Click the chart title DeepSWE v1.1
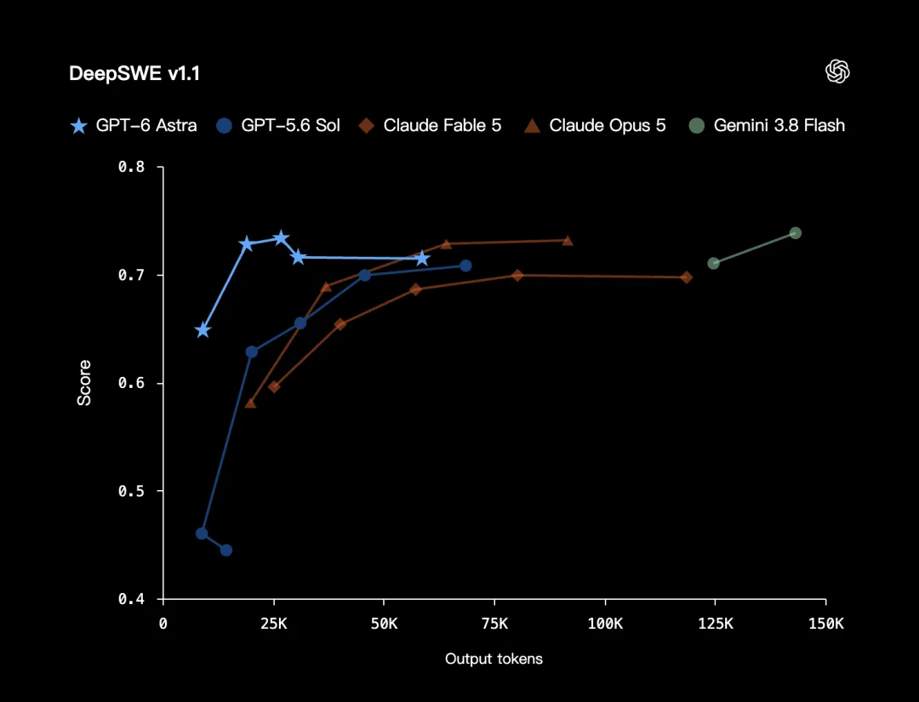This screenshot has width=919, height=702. (x=134, y=73)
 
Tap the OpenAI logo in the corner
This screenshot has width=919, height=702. (x=837, y=71)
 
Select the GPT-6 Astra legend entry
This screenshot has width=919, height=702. (x=134, y=125)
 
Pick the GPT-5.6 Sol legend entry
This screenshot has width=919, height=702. (x=277, y=125)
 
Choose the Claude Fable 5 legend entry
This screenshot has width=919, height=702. (x=431, y=125)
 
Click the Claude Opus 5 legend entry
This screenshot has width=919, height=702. (x=595, y=125)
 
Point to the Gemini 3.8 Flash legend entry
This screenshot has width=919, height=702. (x=767, y=125)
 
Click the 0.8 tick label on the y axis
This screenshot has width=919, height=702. (x=131, y=167)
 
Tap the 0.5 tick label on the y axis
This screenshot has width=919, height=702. (x=131, y=491)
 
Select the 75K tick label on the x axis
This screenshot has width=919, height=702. (x=494, y=624)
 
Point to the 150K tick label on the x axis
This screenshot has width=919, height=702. (x=825, y=624)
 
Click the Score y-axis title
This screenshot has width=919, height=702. (x=84, y=383)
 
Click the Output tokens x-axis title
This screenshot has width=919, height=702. (x=494, y=659)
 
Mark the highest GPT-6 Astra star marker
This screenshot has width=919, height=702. (x=281, y=238)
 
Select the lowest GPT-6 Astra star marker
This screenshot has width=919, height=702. (x=203, y=330)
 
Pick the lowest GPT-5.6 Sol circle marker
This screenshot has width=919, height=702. (x=226, y=551)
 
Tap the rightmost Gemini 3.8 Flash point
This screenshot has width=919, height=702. (x=796, y=233)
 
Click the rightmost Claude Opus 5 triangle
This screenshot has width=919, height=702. (x=568, y=240)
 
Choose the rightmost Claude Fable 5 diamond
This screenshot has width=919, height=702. (x=687, y=277)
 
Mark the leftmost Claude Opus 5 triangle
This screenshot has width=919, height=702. (x=250, y=402)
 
